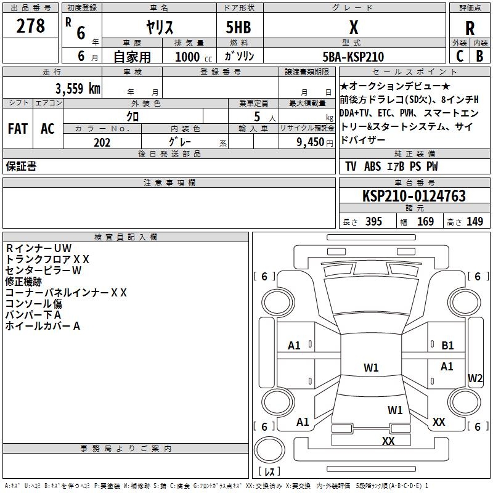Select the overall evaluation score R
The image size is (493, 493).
point(470,28)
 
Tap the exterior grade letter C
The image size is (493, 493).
point(459,56)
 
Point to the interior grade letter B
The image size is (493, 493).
point(479,56)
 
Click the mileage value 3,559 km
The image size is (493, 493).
point(78,88)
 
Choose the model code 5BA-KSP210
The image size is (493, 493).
point(354,57)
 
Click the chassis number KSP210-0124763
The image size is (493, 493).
point(414,196)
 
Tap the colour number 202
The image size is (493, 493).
point(102,142)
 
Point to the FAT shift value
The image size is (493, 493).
point(17,129)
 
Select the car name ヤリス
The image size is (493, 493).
point(159,28)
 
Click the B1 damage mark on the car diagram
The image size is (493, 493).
point(447,346)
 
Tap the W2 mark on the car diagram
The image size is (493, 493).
point(475,378)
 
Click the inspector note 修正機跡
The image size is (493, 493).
point(23,281)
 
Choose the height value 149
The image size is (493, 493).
point(475,222)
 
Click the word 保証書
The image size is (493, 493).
point(21,166)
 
